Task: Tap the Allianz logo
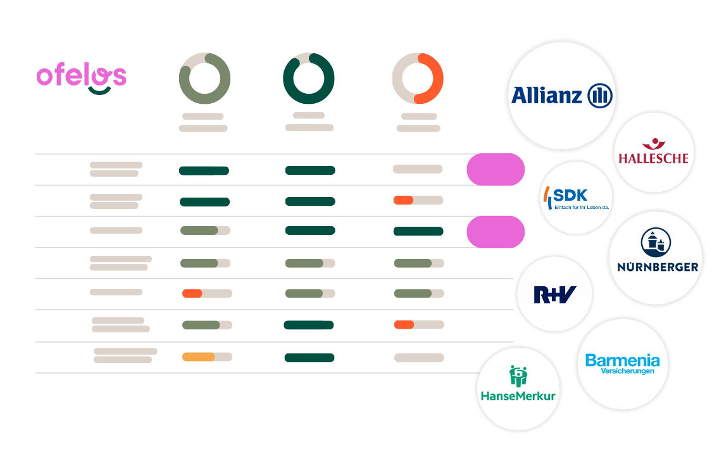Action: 562,96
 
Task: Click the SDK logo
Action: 576,198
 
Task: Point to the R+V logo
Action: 554,294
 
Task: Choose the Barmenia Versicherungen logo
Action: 623,364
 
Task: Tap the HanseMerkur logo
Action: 518,384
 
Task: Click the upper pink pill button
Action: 496,170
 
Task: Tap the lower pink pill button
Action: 496,232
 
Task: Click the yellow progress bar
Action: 199,357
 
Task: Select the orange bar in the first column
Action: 192,294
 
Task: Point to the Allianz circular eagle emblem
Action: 600,96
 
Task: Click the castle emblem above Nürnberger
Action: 656,243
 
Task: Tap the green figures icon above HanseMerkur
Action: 518,376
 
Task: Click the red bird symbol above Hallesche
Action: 653,143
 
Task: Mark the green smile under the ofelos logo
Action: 99,91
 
